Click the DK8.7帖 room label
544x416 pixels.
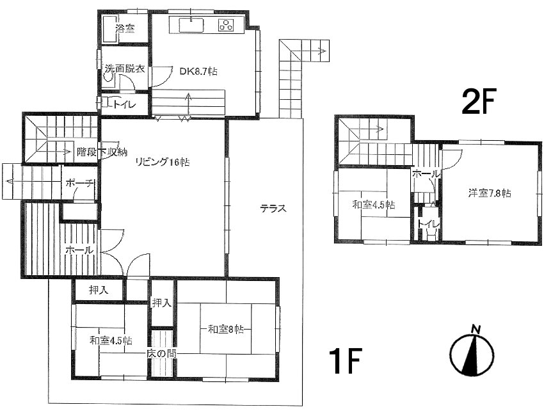[198, 72]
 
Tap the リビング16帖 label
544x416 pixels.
[163, 162]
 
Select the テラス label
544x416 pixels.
[273, 209]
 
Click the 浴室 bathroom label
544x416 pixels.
[125, 29]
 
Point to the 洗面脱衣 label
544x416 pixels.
[125, 68]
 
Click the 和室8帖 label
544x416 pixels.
[225, 329]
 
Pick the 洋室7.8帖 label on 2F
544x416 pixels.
[490, 193]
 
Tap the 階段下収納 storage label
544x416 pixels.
[102, 152]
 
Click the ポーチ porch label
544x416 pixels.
[80, 183]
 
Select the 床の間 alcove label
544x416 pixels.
[161, 353]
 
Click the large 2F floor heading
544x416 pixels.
[479, 101]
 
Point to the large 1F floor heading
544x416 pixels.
[346, 361]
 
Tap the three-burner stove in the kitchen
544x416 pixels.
[226, 25]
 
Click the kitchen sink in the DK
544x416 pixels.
[191, 24]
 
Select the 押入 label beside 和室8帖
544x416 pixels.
[162, 303]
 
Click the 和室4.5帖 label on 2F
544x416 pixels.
[374, 205]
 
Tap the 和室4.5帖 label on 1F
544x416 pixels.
[111, 340]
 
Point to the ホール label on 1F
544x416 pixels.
[79, 250]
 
